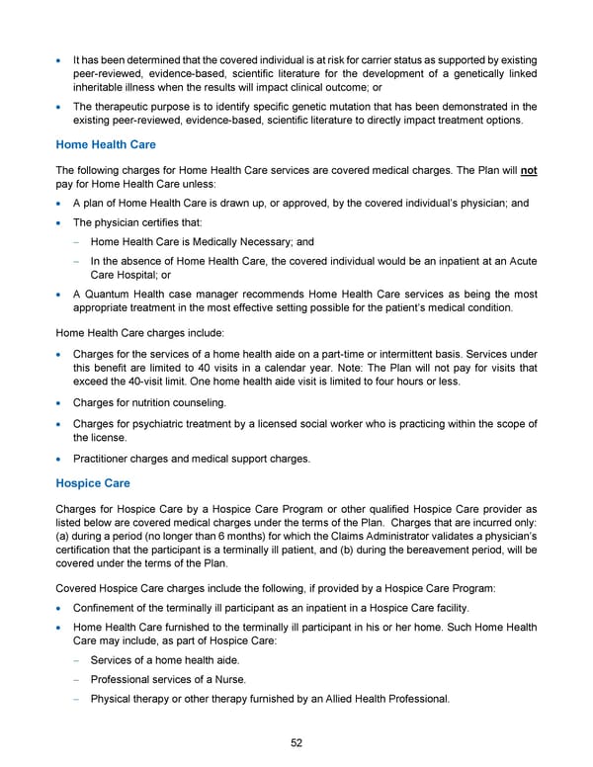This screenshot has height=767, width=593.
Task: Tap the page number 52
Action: pyautogui.click(x=296, y=743)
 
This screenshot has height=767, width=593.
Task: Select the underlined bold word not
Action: pyautogui.click(x=529, y=170)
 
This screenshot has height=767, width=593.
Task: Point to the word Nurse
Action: pyautogui.click(x=227, y=680)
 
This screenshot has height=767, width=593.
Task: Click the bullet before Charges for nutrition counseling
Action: pyautogui.click(x=60, y=431)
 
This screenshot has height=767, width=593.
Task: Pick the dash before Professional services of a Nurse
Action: pyautogui.click(x=77, y=680)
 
